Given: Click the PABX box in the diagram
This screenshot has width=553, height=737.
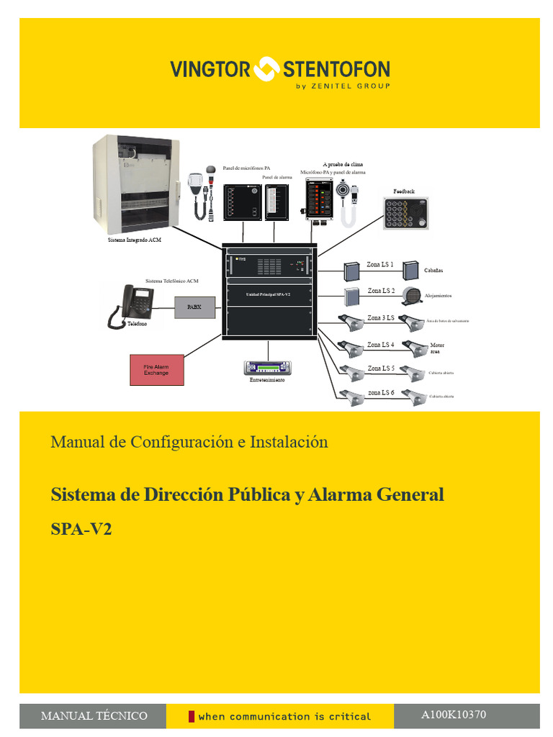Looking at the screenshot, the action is tap(194, 307).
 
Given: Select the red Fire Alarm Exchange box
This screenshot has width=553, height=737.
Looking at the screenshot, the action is tap(156, 369).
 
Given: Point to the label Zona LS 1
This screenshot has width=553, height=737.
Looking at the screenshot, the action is tap(380, 265).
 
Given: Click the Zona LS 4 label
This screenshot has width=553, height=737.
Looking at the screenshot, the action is tap(380, 345).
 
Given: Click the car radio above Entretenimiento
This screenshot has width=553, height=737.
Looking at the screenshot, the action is tap(267, 366).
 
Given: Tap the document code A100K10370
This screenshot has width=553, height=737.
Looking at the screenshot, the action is tap(454, 715).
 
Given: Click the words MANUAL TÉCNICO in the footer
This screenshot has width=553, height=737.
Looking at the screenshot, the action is tap(94, 716).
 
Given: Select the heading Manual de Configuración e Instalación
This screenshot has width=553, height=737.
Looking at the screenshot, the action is tap(189, 442).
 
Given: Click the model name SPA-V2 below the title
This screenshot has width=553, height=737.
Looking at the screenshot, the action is tap(81, 529).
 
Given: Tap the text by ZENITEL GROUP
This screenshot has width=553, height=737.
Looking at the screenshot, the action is tap(343, 86).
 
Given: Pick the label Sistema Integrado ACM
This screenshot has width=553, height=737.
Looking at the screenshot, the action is tap(134, 240).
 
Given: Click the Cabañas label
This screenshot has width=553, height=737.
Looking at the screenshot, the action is tap(433, 270).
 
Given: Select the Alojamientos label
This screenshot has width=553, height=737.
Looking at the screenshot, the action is tap(438, 296).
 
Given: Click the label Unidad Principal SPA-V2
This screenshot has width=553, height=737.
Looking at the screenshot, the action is tap(267, 294).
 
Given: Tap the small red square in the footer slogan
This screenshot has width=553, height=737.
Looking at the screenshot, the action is tap(192, 716).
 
